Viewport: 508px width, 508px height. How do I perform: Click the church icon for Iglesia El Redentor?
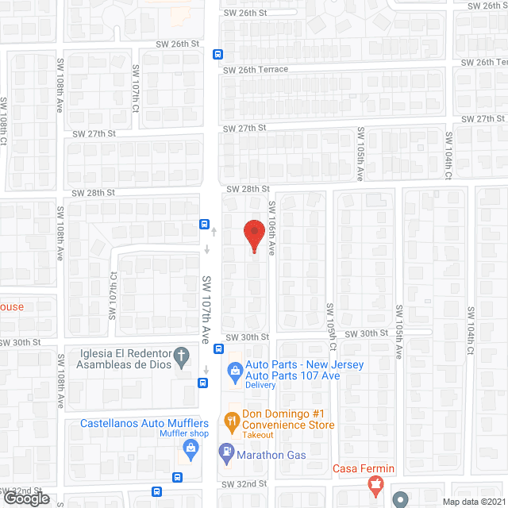(181, 358)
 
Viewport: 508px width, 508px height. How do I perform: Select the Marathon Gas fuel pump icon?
(226, 454)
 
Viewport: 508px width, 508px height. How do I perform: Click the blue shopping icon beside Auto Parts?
(234, 369)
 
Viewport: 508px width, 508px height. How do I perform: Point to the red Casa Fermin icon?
(376, 483)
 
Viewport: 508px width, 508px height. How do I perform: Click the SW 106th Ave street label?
(271, 227)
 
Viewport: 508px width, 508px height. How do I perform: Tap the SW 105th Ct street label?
(333, 325)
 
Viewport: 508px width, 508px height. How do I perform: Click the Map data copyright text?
(474, 501)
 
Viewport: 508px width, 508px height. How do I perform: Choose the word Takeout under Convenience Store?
(259, 436)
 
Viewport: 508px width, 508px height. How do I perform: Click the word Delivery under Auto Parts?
(260, 385)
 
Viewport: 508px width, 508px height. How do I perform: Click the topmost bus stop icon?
(217, 55)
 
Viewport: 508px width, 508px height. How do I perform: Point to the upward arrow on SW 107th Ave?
(214, 231)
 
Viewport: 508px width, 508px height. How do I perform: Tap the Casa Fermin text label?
(364, 468)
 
